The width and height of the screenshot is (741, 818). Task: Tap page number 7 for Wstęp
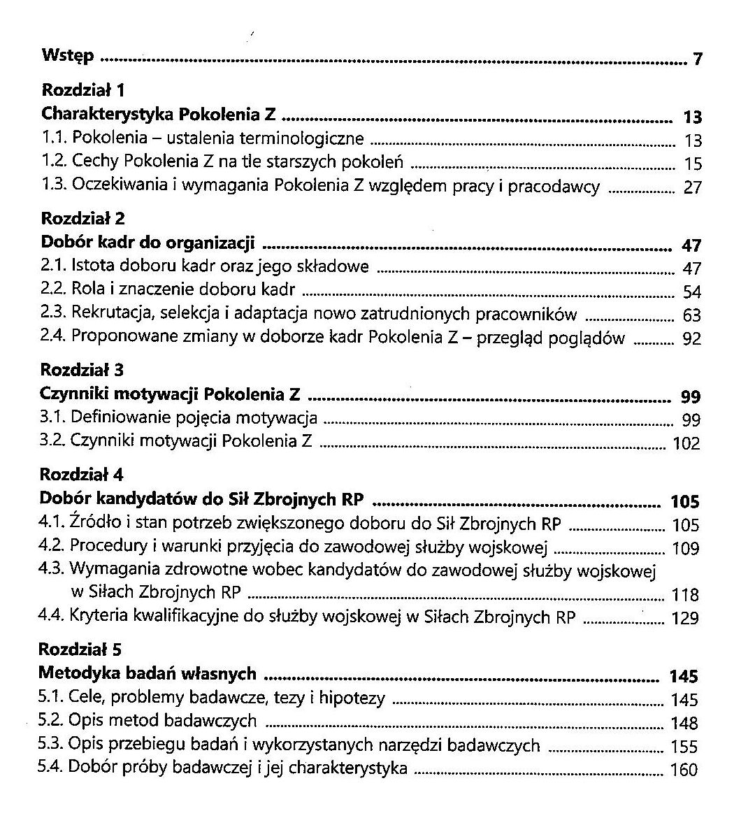click(x=697, y=59)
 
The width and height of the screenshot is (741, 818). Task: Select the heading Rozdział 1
click(x=83, y=89)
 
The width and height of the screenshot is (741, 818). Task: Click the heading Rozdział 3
click(x=82, y=369)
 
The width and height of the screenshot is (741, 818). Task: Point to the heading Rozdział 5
click(x=81, y=649)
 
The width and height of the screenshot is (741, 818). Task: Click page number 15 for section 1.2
click(x=692, y=164)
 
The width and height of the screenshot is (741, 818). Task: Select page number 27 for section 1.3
click(x=692, y=188)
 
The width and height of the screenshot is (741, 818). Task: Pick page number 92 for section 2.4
click(x=691, y=340)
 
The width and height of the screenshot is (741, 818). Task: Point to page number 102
click(x=686, y=444)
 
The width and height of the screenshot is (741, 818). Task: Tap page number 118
click(x=685, y=595)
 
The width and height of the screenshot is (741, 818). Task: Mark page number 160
click(x=684, y=770)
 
